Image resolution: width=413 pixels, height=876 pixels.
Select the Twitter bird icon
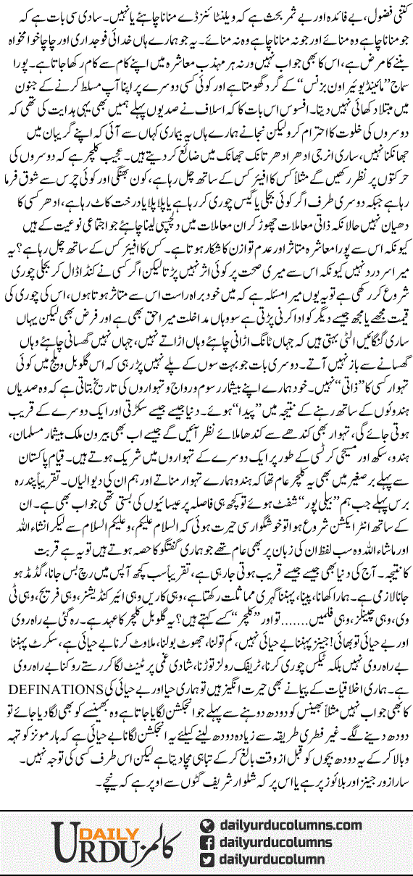click(209, 860)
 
